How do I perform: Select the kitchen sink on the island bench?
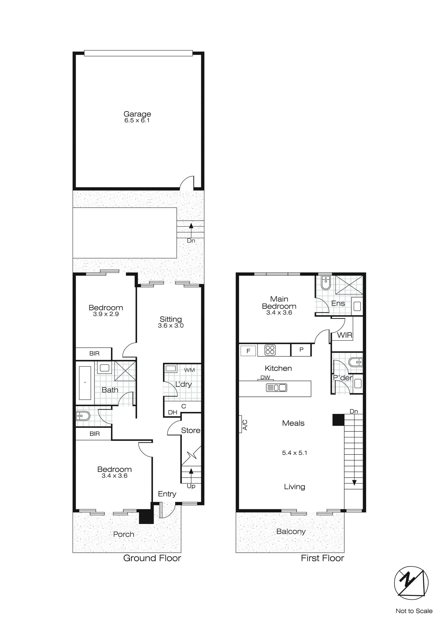[x=276, y=388]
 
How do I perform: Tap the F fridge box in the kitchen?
[x=248, y=351]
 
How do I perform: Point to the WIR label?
[x=345, y=335]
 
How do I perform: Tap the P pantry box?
[x=301, y=350]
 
